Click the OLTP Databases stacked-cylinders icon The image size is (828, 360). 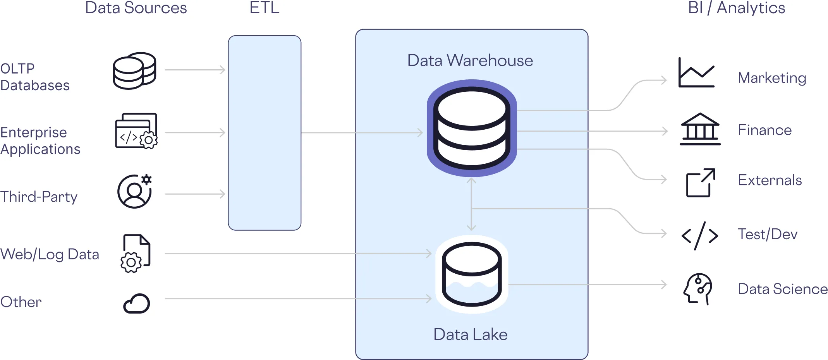tap(134, 71)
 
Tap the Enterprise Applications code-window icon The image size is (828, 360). tap(136, 131)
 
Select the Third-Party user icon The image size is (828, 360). tap(134, 191)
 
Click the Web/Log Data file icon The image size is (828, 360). tap(136, 253)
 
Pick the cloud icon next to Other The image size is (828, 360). tap(137, 303)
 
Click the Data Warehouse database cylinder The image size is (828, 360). tap(472, 128)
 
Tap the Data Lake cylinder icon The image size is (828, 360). tap(472, 274)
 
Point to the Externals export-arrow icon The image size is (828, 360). tap(701, 183)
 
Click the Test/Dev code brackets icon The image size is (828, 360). tap(700, 235)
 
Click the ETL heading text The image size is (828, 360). tap(265, 8)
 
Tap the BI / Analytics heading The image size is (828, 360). tap(736, 8)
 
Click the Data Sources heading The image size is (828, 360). tap(136, 8)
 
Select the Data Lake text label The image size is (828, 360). tap(470, 334)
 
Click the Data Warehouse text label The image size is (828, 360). tap(470, 60)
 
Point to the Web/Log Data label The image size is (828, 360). tap(50, 254)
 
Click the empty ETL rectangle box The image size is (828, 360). tap(265, 133)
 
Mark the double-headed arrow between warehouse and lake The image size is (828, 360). tap(471, 204)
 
